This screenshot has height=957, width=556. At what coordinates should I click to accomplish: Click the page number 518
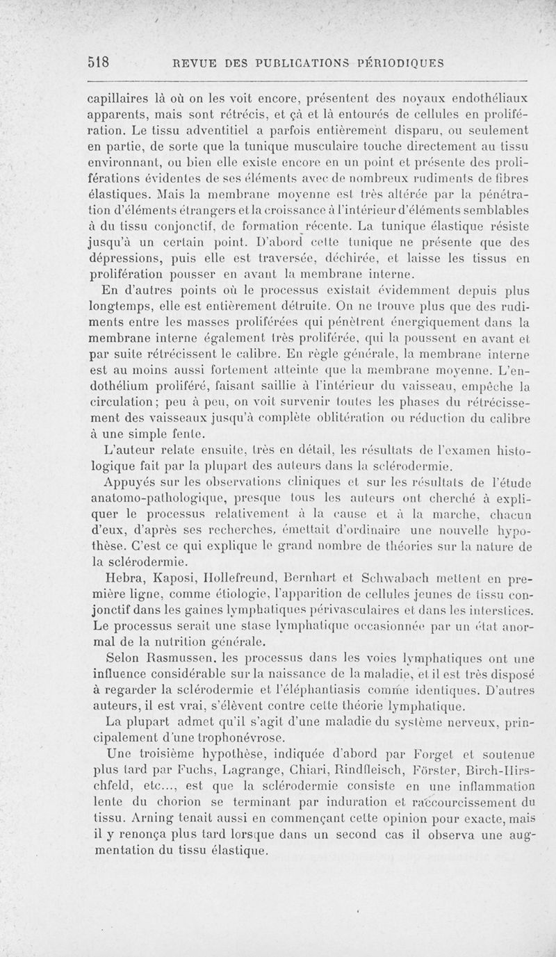tap(101, 61)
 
